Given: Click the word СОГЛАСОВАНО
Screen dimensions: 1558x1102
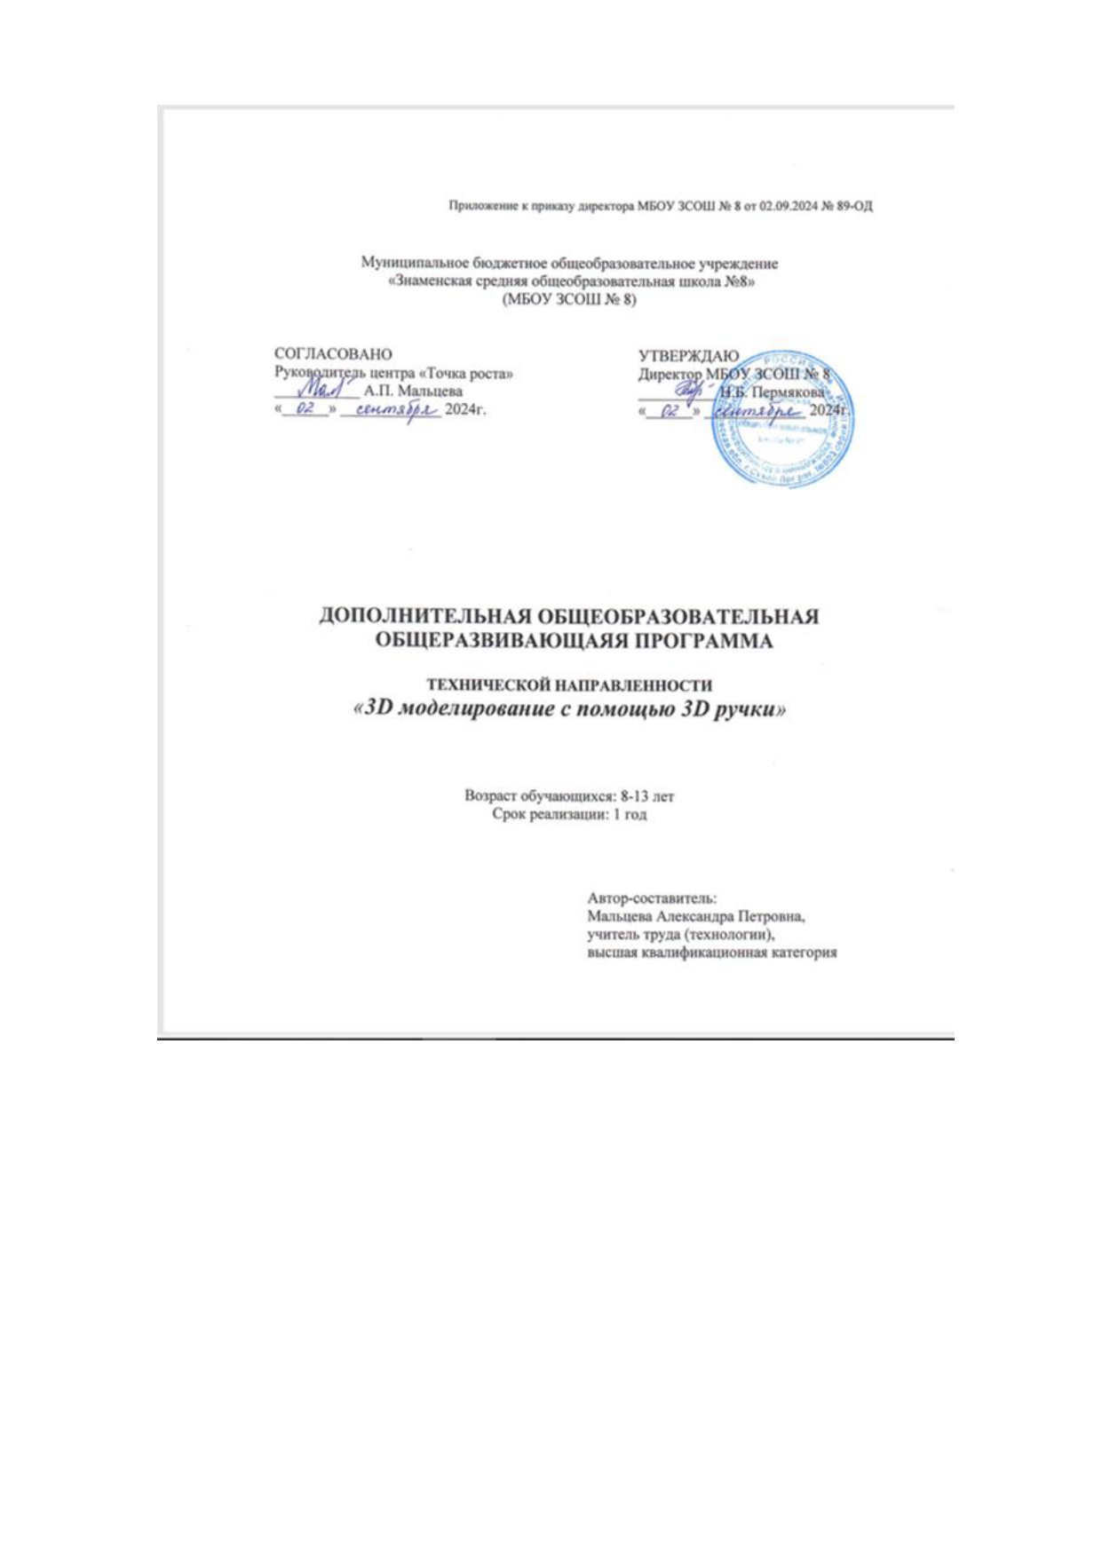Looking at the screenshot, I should (x=333, y=354).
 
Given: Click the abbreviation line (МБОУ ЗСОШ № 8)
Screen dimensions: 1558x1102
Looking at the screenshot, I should (x=569, y=299).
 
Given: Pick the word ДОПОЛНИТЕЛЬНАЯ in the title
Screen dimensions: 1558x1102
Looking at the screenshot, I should (x=427, y=616).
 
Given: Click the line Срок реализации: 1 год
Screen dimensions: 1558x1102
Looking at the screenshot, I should (x=569, y=814).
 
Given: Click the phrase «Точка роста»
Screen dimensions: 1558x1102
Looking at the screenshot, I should (x=465, y=374).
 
